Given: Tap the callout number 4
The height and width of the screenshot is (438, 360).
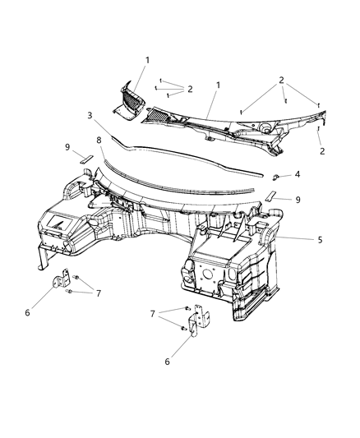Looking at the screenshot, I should coord(298,173).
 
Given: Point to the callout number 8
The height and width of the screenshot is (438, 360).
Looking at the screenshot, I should coord(99,141).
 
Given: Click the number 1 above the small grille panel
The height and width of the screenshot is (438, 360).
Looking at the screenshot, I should coord(148,59).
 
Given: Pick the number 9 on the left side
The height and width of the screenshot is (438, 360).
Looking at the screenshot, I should coord(68,147).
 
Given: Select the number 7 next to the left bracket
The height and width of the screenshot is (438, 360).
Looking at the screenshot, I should coord(98,293).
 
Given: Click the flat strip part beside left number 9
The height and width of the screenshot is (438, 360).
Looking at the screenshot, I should coord(86,156).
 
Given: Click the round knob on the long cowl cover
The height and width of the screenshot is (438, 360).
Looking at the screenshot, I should coord(267,127).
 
